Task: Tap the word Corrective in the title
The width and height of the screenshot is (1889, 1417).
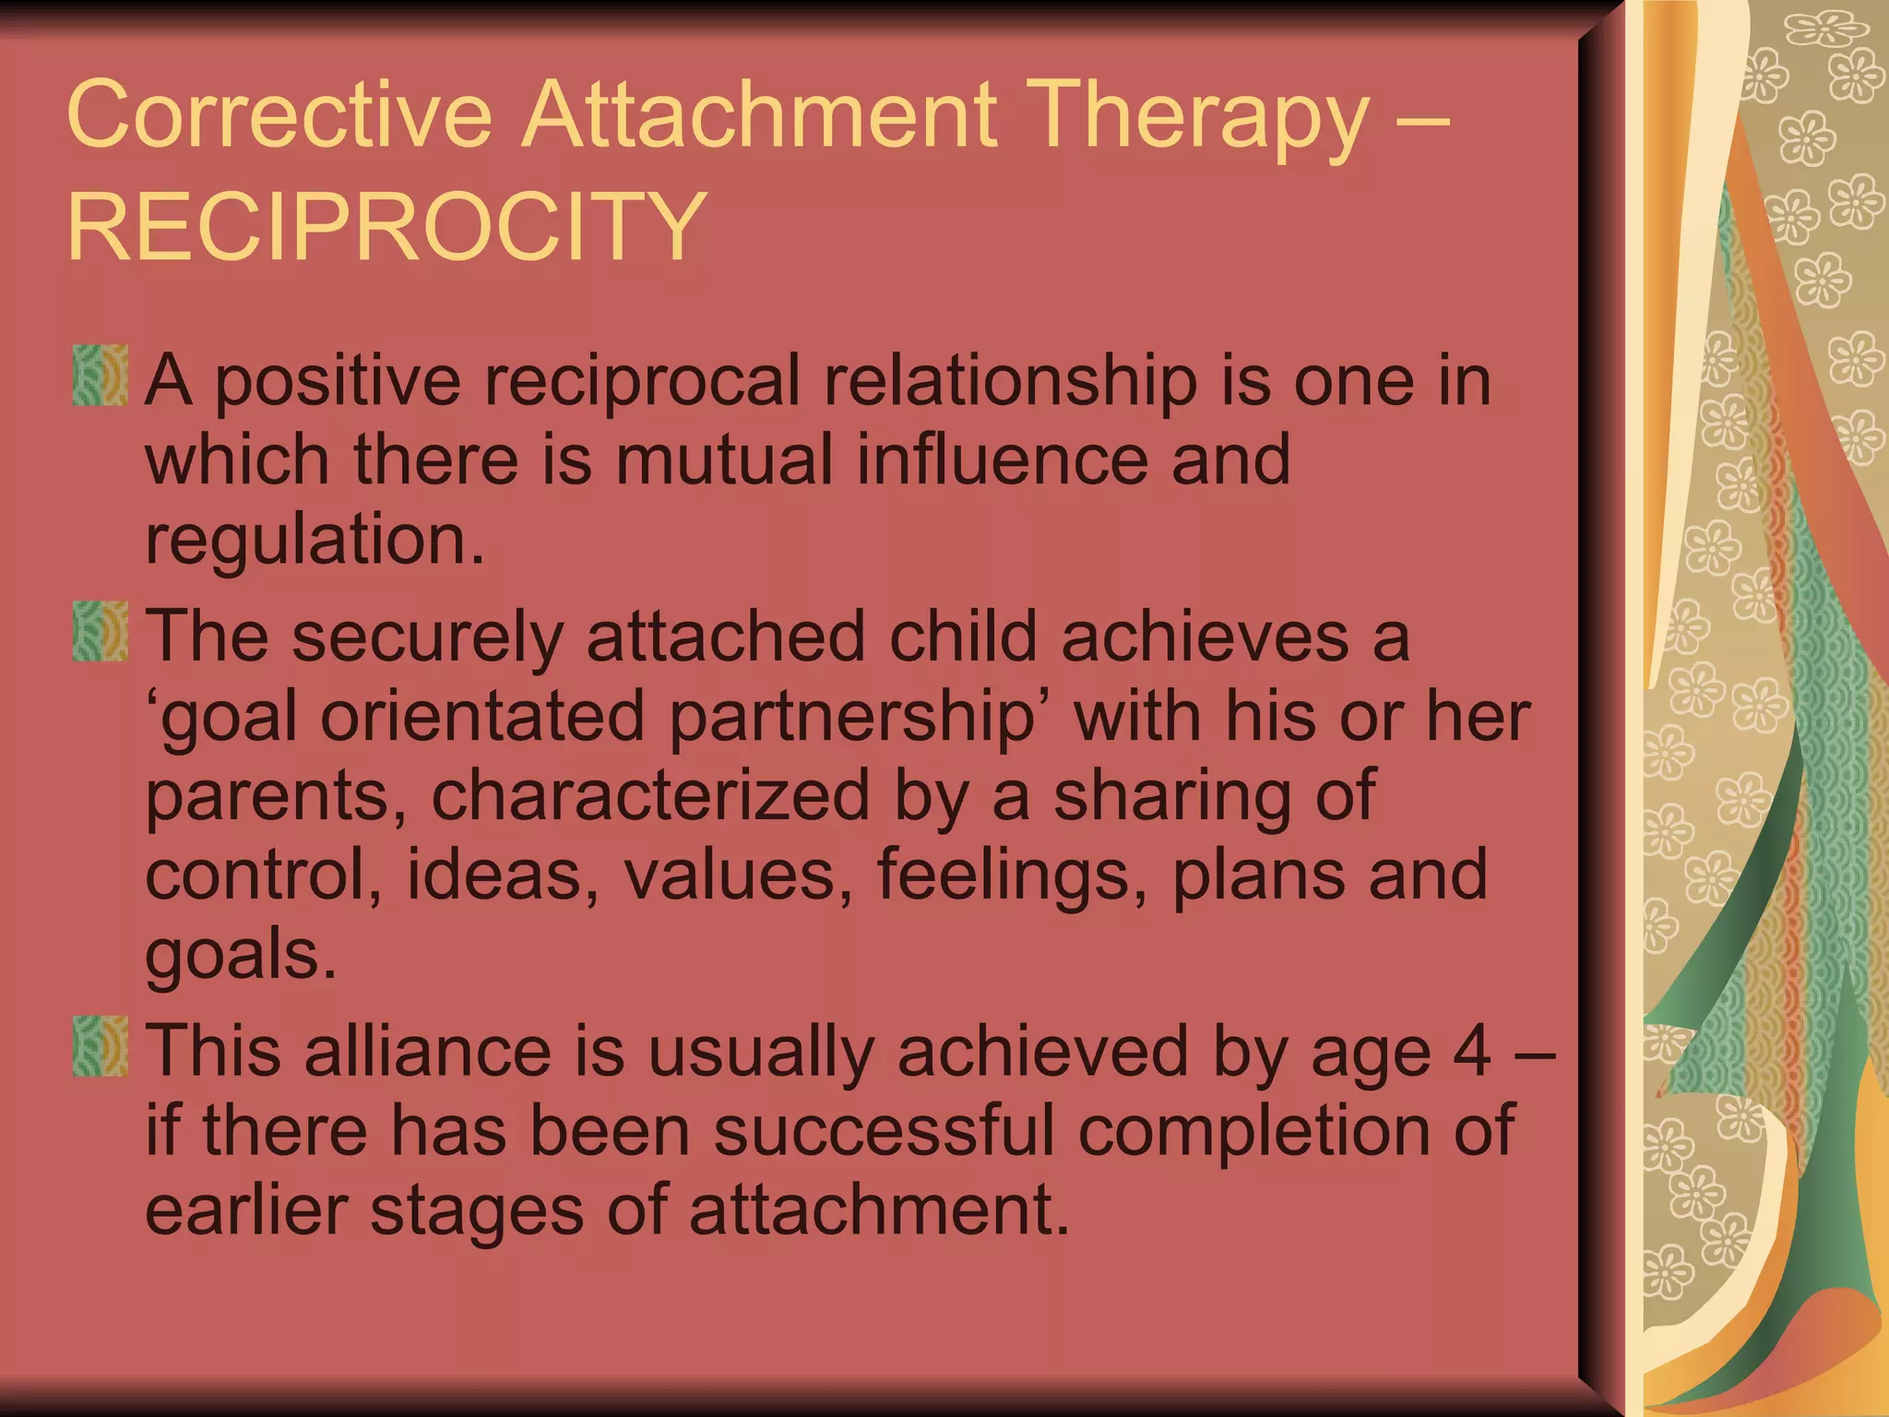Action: coord(279,114)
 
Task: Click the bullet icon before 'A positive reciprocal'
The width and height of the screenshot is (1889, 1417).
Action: coord(100,375)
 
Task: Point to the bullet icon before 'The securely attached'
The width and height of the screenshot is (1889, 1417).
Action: coord(100,631)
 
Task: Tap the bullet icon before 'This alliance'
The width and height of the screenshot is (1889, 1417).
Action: coord(100,1046)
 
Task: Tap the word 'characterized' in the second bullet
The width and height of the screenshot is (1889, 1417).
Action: coord(650,795)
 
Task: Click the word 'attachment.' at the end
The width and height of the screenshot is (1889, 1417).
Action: coord(879,1209)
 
